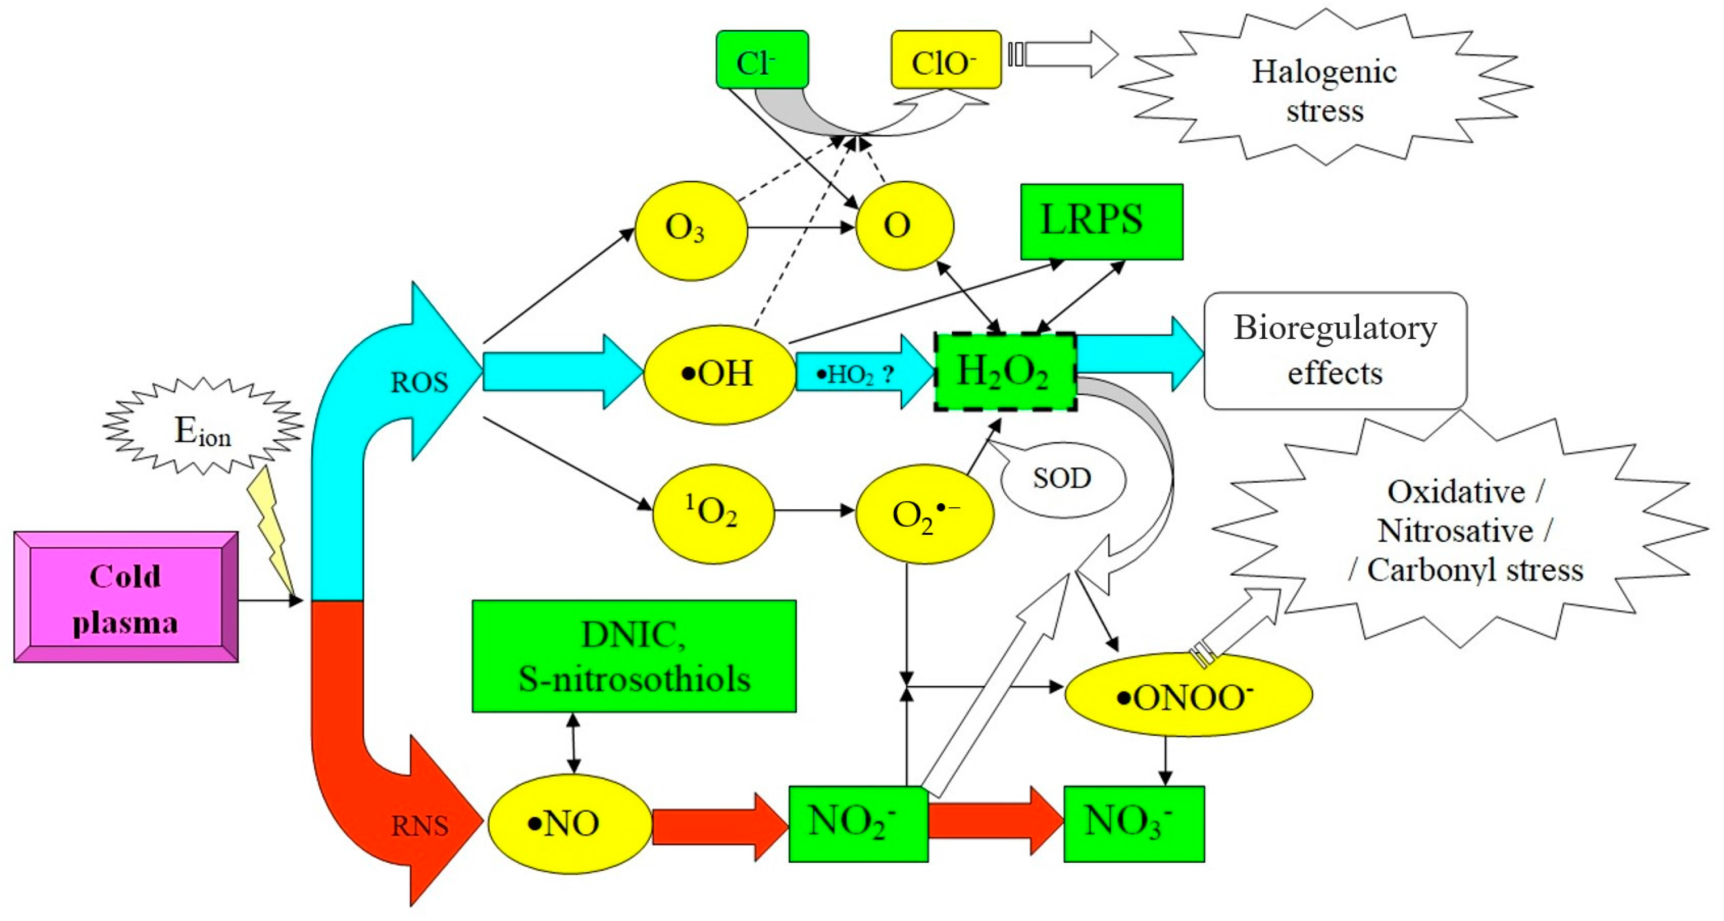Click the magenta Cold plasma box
(126, 597)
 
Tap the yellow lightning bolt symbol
(271, 529)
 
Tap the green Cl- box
(761, 60)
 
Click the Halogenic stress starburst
(1324, 90)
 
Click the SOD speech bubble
(1063, 478)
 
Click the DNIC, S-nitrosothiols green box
(634, 656)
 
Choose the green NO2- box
(858, 823)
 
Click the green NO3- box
(1134, 823)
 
